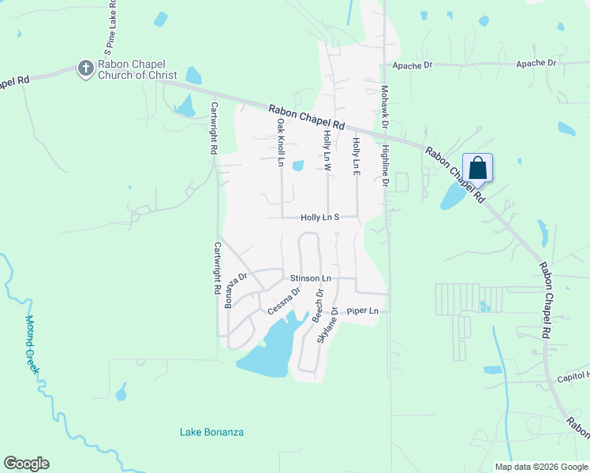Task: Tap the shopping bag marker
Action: (x=477, y=168)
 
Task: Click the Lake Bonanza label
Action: (x=211, y=432)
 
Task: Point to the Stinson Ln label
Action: (x=310, y=278)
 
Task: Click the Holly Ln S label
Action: (x=319, y=218)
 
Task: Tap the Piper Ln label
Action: (x=363, y=311)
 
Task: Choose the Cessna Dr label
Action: (x=284, y=300)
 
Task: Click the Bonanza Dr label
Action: (x=236, y=290)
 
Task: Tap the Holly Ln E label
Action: (x=357, y=157)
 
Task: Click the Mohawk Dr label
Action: (x=385, y=107)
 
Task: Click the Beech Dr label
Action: (x=318, y=304)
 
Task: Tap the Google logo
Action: (x=26, y=464)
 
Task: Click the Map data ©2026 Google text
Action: (x=540, y=467)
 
